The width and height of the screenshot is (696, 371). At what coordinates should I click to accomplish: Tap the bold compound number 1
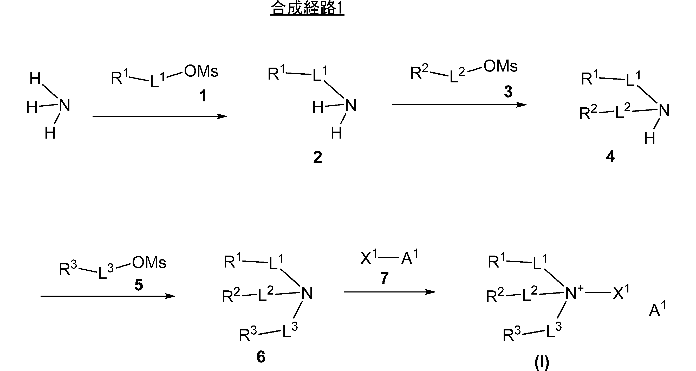[203, 96]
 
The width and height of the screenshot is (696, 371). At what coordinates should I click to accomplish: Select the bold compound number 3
[508, 92]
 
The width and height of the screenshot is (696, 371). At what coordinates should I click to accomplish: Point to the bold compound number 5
[139, 285]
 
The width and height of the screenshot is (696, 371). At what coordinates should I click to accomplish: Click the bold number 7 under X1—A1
[384, 278]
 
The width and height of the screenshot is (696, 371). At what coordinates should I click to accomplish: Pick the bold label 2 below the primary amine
[318, 157]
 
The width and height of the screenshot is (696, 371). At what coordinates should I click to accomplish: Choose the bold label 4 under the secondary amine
[610, 157]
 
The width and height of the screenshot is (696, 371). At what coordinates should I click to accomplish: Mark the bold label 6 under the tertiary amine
[261, 357]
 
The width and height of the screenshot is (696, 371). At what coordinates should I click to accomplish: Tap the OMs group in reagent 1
[201, 71]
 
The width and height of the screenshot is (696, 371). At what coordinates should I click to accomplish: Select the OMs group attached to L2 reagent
[500, 66]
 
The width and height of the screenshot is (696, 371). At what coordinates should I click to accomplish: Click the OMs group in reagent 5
[149, 263]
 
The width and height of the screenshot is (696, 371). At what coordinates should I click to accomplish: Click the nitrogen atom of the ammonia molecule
[64, 105]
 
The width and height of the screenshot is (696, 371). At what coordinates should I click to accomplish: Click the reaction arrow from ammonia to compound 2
[159, 116]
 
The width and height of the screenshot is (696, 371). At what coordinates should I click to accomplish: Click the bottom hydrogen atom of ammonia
[50, 133]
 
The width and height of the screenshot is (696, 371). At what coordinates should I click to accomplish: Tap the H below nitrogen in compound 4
[649, 138]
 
